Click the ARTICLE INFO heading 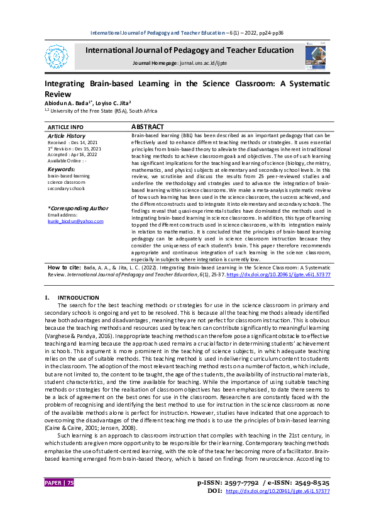(x=65, y=127)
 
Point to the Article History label (x=67, y=136)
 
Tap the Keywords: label (x=61, y=169)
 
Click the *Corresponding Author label (x=78, y=208)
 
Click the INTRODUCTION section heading (x=79, y=296)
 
